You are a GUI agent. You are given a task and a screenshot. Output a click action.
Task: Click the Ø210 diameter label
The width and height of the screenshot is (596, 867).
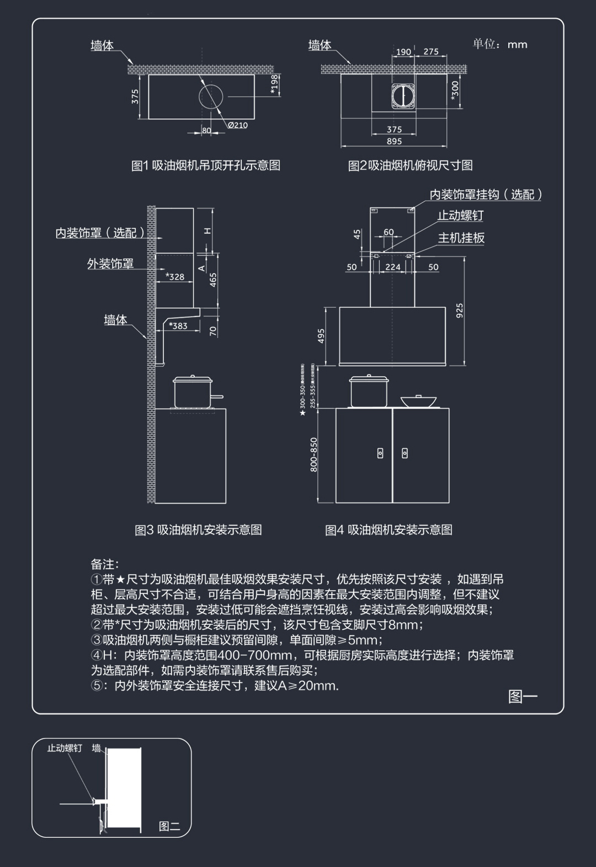(x=238, y=125)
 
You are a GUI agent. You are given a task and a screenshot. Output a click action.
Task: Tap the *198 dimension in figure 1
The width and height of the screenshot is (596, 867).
(x=274, y=84)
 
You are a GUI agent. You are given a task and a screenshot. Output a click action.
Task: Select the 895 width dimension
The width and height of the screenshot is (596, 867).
(x=394, y=141)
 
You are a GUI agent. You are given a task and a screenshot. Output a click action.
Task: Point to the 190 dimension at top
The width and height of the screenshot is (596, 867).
(x=403, y=52)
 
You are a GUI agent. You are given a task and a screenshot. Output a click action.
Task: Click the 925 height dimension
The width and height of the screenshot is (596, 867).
(x=460, y=310)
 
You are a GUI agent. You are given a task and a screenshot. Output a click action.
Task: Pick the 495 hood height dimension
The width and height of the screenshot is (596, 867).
(x=321, y=336)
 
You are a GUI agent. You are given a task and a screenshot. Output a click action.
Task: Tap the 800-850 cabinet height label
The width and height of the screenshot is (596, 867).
(x=313, y=454)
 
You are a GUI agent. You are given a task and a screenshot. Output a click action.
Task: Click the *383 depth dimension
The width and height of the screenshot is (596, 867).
(x=178, y=326)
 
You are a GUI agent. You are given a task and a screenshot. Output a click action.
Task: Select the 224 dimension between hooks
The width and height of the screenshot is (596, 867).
(x=393, y=267)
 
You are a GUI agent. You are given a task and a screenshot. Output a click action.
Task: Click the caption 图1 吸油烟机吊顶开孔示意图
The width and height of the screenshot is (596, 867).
(x=206, y=165)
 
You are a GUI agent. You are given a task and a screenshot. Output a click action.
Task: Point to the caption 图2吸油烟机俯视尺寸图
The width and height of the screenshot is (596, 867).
(x=410, y=165)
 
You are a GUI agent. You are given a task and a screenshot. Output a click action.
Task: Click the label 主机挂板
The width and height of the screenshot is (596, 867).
(x=461, y=238)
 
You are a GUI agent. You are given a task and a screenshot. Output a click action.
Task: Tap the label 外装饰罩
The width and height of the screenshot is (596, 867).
(x=110, y=264)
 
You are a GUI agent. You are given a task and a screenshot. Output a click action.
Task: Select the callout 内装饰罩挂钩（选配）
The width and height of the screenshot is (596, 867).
(x=486, y=194)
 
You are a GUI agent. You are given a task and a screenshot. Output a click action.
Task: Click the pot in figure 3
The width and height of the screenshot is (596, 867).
(x=193, y=391)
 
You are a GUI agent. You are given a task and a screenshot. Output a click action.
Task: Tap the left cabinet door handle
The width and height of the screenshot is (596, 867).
(x=380, y=453)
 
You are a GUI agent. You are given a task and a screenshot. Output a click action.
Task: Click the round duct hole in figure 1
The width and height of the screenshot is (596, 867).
(x=212, y=97)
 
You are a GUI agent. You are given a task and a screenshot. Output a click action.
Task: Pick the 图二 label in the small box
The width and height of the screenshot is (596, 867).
(x=169, y=826)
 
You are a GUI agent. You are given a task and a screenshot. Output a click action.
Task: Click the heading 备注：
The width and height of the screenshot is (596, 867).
(x=105, y=564)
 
